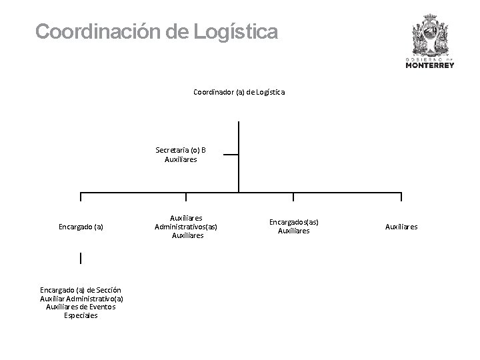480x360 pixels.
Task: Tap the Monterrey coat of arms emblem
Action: point(430,33)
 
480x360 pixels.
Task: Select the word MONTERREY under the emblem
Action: point(430,65)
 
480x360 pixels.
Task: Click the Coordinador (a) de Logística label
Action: point(239,92)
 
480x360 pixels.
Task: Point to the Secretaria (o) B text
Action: point(181,149)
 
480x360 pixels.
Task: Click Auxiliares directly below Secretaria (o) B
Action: point(181,159)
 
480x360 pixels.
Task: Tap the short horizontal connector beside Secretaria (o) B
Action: point(230,154)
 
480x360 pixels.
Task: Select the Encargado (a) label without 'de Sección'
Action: point(81,227)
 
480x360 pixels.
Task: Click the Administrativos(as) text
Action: point(186,227)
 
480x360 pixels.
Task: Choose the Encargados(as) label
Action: point(294,222)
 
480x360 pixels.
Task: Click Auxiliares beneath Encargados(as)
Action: point(294,231)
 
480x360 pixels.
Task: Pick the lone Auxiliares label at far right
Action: point(401,227)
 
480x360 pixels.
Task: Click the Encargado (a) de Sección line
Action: point(81,290)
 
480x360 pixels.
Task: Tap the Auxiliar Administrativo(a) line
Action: point(81,299)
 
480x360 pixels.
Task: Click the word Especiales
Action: point(81,315)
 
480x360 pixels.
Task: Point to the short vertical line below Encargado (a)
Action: point(80,258)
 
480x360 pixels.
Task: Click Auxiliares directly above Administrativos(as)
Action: point(186,218)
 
